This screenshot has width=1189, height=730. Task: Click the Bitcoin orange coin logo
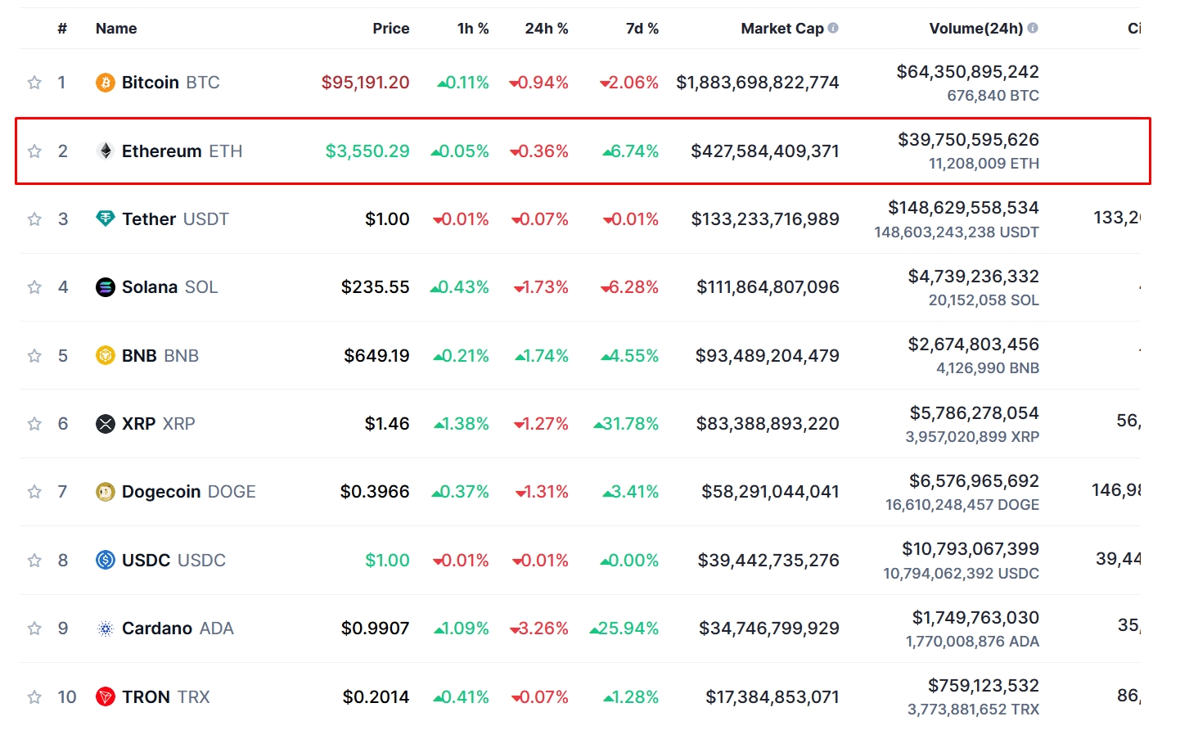[106, 83]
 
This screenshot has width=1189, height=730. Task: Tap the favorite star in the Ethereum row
[34, 151]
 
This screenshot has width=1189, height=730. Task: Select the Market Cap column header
[781, 29]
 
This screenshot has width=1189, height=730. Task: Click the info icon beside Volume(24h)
[1033, 28]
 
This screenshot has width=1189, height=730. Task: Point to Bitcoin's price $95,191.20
[365, 83]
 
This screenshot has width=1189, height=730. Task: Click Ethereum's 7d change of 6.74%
[631, 151]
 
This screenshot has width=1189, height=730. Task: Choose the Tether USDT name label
[175, 219]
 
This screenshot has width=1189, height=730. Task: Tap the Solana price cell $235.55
[375, 287]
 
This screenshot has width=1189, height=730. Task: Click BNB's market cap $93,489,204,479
[767, 356]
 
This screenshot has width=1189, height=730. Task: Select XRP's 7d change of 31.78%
[627, 424]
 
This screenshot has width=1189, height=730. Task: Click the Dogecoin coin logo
[106, 492]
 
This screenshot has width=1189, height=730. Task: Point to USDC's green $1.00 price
[387, 561]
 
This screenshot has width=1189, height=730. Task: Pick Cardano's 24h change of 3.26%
[539, 629]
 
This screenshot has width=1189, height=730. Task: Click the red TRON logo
[106, 697]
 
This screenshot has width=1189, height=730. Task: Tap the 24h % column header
[546, 29]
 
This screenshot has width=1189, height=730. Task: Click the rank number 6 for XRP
[63, 424]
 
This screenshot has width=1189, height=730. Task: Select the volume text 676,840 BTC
[993, 96]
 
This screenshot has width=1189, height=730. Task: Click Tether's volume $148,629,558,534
[963, 208]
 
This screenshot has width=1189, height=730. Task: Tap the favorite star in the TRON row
[34, 697]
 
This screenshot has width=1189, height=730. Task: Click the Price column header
[390, 29]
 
